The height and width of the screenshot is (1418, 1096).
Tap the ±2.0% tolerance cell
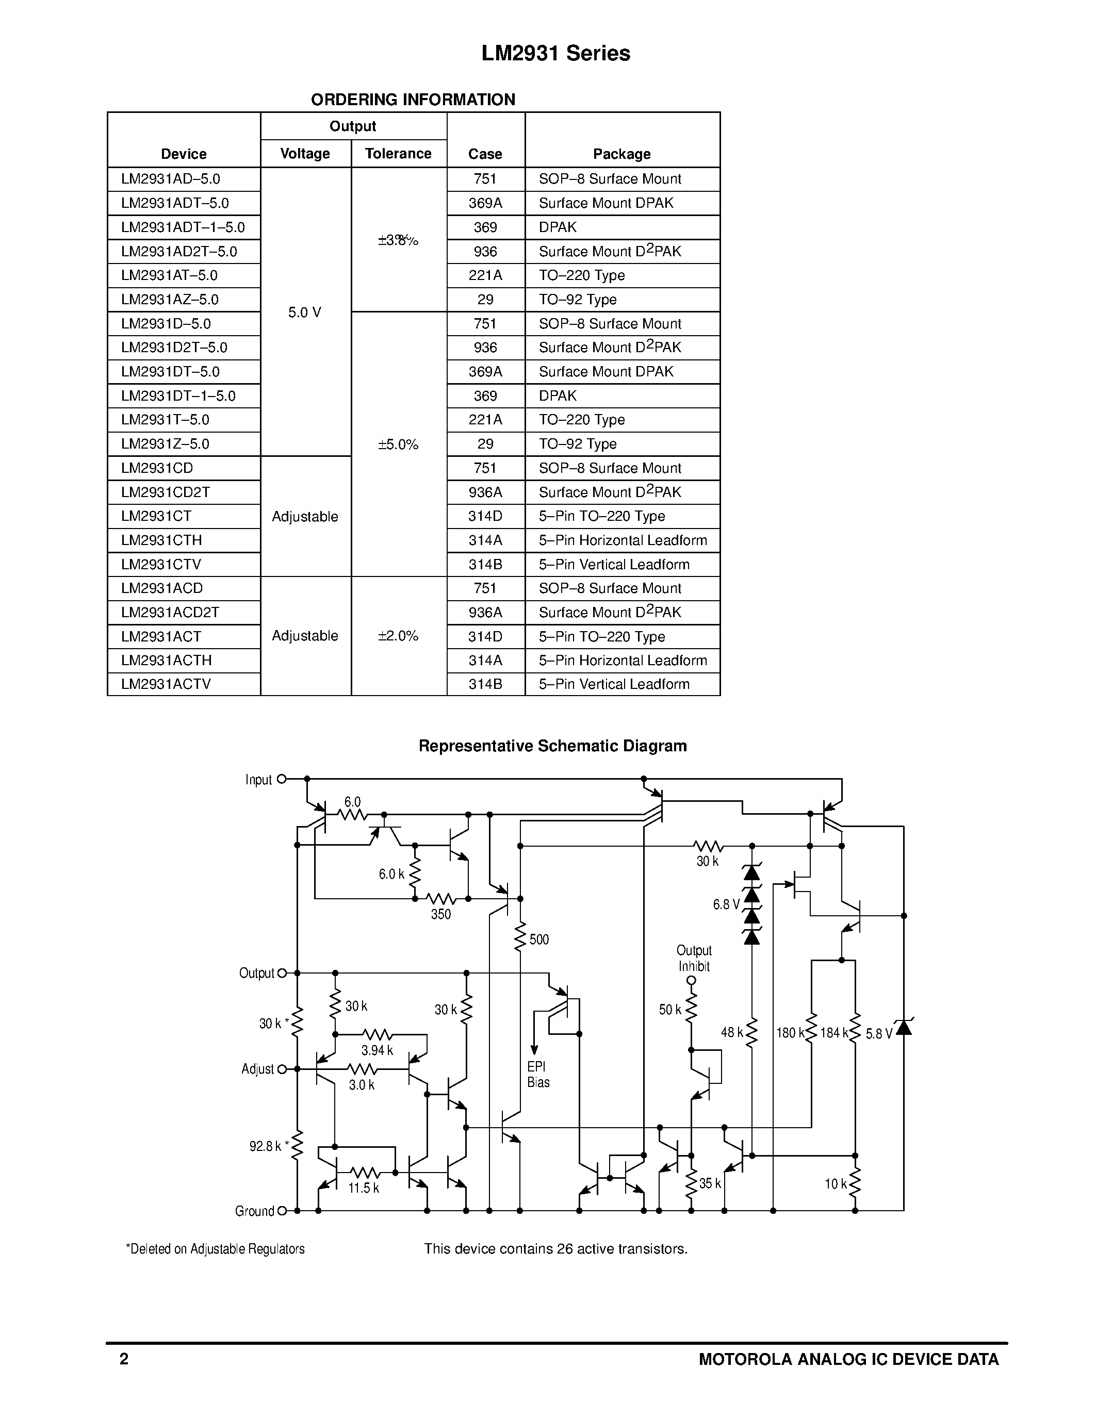coord(398,636)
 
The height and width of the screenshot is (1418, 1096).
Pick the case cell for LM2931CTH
coord(485,540)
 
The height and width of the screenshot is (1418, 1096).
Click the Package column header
coord(621,154)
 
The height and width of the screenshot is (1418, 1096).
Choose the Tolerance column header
coord(398,154)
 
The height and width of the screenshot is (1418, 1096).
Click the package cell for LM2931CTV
coord(614,564)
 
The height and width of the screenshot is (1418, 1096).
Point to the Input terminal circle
coord(282,779)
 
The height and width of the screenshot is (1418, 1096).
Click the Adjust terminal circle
coord(282,1069)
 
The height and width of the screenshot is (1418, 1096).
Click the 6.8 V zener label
coord(726,904)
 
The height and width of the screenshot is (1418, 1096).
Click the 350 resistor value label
coord(441,914)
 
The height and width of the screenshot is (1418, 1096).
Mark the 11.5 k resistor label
coord(364,1188)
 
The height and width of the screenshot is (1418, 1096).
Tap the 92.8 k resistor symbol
coord(298,1146)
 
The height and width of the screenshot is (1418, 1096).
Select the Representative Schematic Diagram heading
coord(552,746)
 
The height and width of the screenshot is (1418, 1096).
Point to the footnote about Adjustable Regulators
coord(215,1249)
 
